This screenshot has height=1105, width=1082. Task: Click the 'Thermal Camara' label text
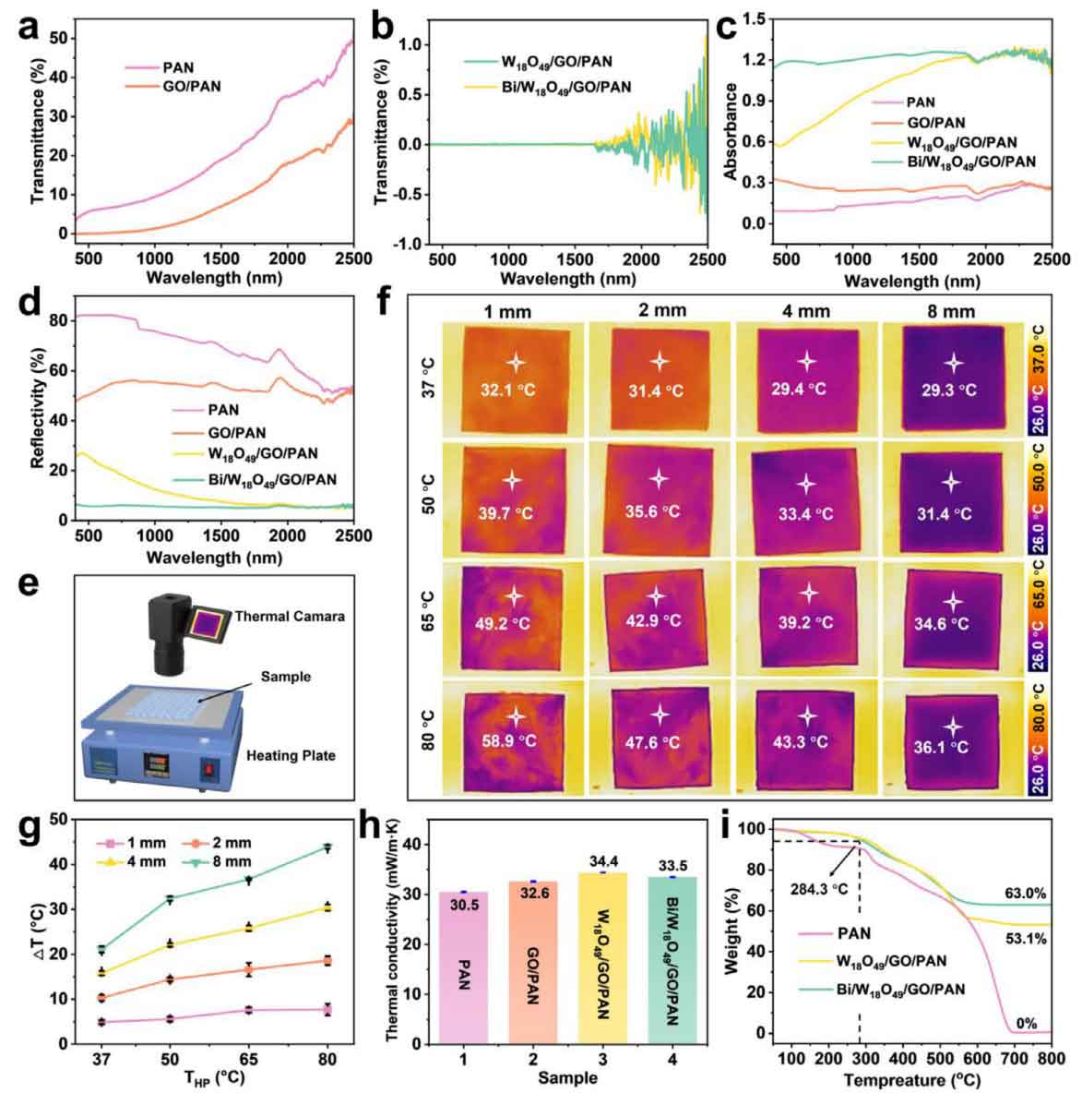pos(290,616)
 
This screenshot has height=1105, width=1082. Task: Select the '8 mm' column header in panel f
pos(950,311)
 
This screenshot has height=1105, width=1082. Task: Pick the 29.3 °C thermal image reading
pos(949,390)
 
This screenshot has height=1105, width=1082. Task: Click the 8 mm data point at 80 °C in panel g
pos(326,847)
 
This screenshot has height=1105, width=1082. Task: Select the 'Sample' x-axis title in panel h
pos(573,1077)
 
